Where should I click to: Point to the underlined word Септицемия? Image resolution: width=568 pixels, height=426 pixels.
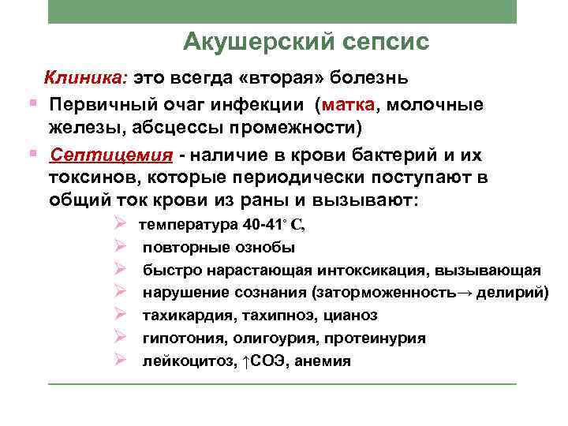tap(101, 154)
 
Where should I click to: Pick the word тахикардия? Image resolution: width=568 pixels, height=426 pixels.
tap(183, 316)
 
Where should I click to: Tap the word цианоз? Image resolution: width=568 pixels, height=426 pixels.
tap(349, 316)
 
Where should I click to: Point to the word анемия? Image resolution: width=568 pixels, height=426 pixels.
tap(323, 361)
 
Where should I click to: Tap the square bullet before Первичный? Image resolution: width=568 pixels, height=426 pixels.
tap(31, 104)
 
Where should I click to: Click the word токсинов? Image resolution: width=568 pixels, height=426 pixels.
tap(91, 177)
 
